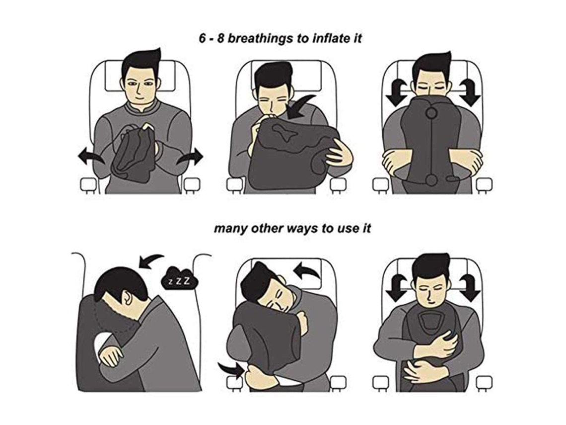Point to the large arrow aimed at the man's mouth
coord(301,106)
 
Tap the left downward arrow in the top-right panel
coord(396,92)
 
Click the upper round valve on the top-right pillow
coord(431,113)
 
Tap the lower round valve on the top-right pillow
coord(430,179)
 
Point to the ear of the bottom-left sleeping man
coord(126,297)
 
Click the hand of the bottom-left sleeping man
coord(111,355)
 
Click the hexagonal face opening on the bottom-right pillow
coord(430,321)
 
